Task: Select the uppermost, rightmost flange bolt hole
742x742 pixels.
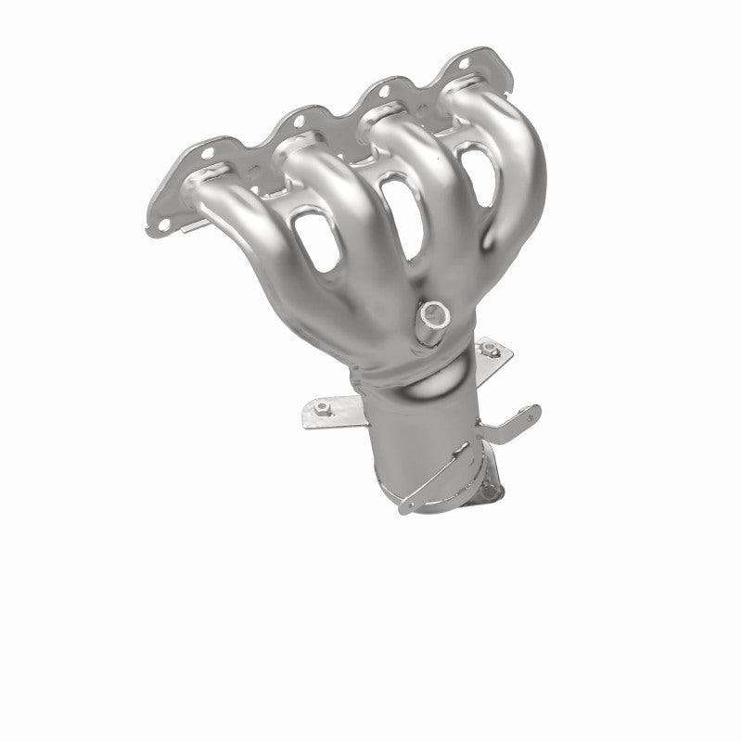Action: (x=463, y=62)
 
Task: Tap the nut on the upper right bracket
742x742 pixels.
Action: (x=491, y=350)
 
